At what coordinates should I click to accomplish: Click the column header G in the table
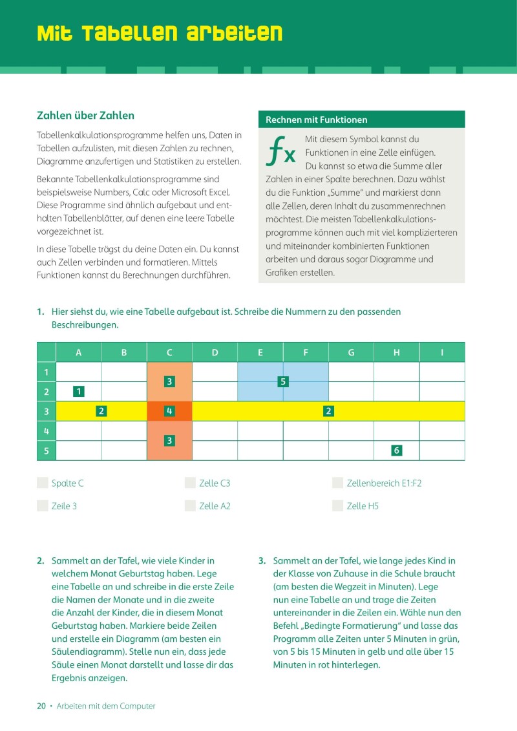pyautogui.click(x=351, y=352)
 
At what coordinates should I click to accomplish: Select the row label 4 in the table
pyautogui.click(x=46, y=430)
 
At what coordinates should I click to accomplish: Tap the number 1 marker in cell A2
pyautogui.click(x=79, y=391)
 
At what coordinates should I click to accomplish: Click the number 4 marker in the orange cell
pyautogui.click(x=169, y=410)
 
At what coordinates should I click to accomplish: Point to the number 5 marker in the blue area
pyautogui.click(x=282, y=381)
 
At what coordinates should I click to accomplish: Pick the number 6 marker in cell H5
pyautogui.click(x=396, y=450)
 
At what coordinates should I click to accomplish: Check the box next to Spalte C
pyautogui.click(x=43, y=483)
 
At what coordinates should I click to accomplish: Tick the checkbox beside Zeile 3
pyautogui.click(x=43, y=505)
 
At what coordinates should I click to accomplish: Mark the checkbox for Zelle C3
pyautogui.click(x=190, y=483)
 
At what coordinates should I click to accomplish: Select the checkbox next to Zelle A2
pyautogui.click(x=190, y=505)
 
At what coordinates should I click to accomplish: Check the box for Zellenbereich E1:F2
pyautogui.click(x=337, y=483)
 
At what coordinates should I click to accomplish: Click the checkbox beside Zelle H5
pyautogui.click(x=337, y=505)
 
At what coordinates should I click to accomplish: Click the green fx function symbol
pyautogui.click(x=280, y=151)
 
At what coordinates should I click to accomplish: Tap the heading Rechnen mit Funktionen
pyautogui.click(x=317, y=120)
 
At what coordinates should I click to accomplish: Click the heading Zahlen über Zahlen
pyautogui.click(x=85, y=115)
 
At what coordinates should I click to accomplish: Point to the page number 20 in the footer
pyautogui.click(x=41, y=706)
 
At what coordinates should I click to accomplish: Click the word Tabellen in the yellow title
pyautogui.click(x=131, y=34)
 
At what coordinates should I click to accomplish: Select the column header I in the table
pyautogui.click(x=442, y=352)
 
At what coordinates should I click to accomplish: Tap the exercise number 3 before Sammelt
pyautogui.click(x=262, y=560)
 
